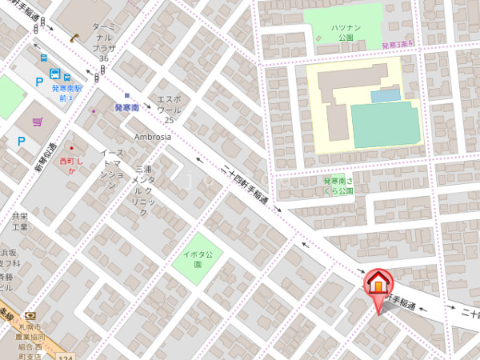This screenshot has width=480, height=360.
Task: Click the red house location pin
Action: (377, 285)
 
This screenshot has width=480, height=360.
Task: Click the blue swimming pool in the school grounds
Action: (386, 96)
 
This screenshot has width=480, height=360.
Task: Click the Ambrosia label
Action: (152, 137)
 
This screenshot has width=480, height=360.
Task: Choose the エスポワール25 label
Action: (169, 107)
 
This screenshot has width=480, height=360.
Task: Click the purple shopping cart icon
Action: (38, 122)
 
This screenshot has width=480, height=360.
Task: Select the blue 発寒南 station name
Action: (126, 107)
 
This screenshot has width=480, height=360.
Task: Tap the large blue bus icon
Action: (43, 58)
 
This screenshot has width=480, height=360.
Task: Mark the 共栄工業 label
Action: (20, 222)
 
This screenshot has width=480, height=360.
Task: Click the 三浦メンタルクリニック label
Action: (143, 191)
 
